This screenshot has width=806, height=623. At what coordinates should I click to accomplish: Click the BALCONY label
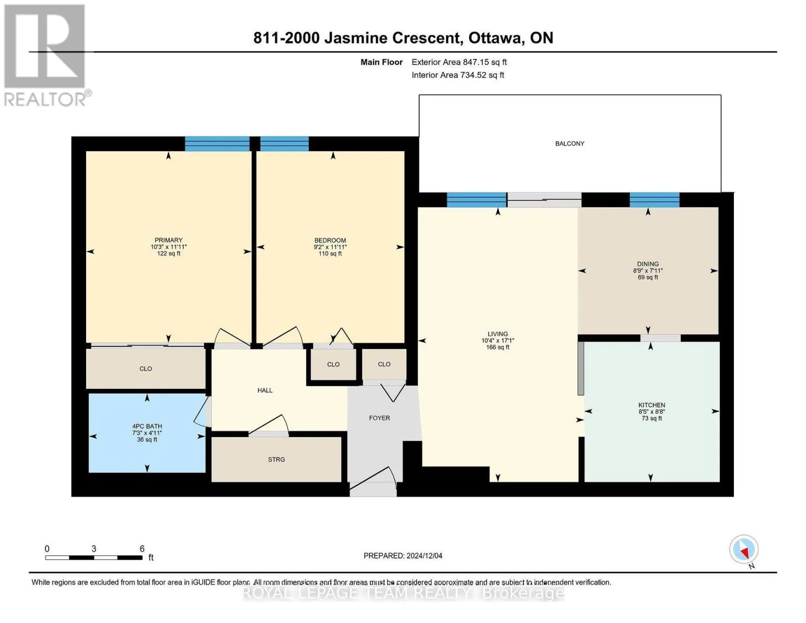click(x=569, y=144)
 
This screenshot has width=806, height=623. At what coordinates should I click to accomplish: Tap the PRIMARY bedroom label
click(x=168, y=240)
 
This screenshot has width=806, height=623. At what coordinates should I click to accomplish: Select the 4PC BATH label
click(x=147, y=426)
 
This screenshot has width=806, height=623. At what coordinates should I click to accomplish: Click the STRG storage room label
click(x=276, y=459)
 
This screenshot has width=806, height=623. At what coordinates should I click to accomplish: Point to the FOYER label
click(x=379, y=418)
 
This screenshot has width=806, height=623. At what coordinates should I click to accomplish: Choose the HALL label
click(x=265, y=390)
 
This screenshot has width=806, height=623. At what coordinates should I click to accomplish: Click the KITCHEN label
click(x=651, y=405)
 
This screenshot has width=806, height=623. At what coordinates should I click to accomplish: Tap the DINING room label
click(x=648, y=264)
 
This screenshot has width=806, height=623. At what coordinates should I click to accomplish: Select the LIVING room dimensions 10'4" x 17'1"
click(x=498, y=341)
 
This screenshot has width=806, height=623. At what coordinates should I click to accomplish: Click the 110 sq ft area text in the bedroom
click(x=330, y=254)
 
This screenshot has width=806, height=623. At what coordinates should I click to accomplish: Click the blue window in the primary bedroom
click(x=217, y=144)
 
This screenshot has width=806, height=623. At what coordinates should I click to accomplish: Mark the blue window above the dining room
click(x=654, y=200)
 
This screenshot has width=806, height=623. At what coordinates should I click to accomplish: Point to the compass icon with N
click(x=744, y=550)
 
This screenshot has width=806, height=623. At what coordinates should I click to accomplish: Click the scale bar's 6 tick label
click(x=142, y=549)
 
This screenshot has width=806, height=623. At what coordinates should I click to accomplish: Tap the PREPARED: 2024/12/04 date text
click(x=403, y=556)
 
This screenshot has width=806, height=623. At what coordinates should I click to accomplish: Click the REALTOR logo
click(x=45, y=55)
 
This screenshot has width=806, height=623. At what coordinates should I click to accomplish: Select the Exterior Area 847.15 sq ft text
click(x=459, y=62)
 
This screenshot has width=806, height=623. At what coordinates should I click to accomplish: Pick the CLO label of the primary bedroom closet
click(x=146, y=369)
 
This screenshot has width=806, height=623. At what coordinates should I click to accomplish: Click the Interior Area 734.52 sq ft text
click(x=458, y=75)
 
